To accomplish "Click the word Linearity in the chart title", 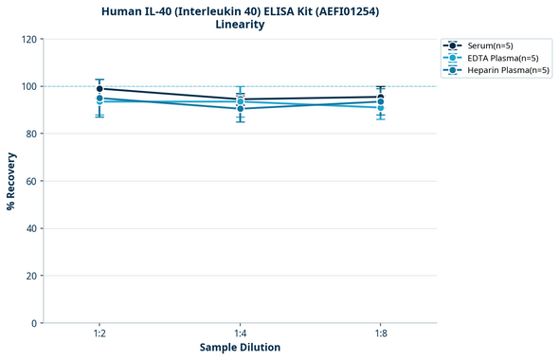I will [240, 25].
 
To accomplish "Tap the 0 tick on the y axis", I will [34, 323].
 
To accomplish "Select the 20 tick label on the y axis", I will [31, 276].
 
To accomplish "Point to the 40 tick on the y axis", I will [31, 228].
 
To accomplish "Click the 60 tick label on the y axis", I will [31, 181].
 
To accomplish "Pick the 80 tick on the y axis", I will [31, 134].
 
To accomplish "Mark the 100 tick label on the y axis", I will [28, 86].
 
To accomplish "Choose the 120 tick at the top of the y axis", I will [28, 39].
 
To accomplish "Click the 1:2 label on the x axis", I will [99, 334].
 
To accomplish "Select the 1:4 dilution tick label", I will [240, 334].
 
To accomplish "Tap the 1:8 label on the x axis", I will [380, 334].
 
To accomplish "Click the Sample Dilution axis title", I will [240, 348].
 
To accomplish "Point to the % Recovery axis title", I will [11, 180].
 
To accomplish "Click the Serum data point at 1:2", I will [99, 89].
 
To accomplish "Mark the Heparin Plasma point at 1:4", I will [240, 109].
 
